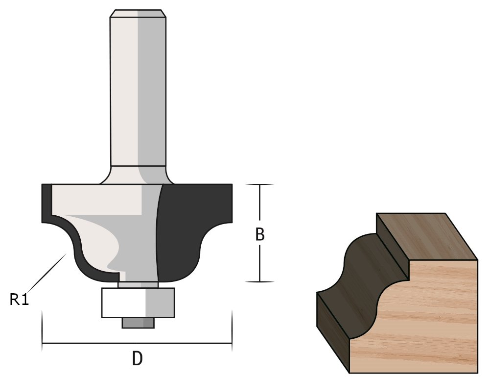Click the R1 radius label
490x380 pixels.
point(20,299)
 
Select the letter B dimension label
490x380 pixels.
point(260,235)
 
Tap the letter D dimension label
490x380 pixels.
point(138,359)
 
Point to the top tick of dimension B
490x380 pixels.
point(259,185)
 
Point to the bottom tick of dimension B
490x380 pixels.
point(259,282)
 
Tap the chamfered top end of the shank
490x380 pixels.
point(138,13)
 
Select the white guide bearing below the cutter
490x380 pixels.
point(138,303)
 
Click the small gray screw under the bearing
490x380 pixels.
point(138,323)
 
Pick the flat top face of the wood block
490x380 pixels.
point(426,235)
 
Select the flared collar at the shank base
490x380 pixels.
point(138,175)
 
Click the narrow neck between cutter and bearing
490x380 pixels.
point(138,284)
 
